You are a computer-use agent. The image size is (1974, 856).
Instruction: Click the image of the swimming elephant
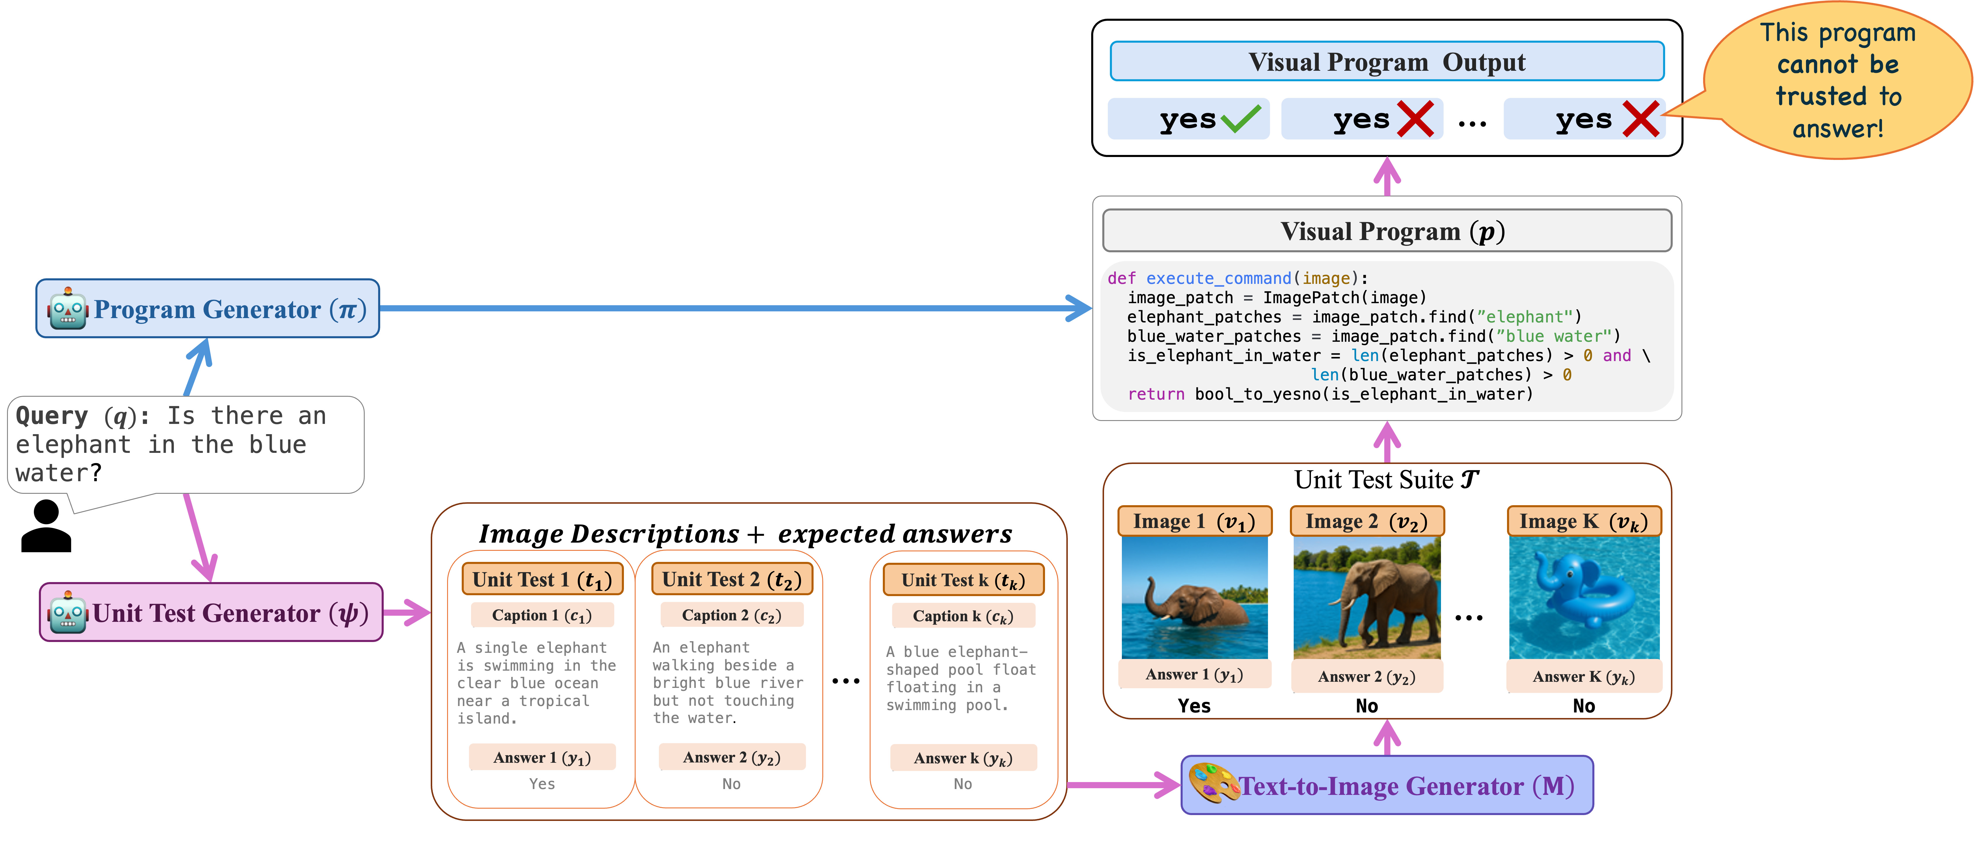pyautogui.click(x=1195, y=598)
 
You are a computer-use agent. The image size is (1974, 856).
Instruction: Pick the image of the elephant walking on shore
pyautogui.click(x=1367, y=598)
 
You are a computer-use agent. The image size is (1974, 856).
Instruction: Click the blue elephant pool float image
pyautogui.click(x=1584, y=598)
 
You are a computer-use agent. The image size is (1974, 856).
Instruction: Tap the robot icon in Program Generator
pyautogui.click(x=68, y=310)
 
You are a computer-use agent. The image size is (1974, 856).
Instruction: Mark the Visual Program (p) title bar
pyautogui.click(x=1387, y=231)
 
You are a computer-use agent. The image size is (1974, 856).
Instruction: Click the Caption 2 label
pyautogui.click(x=732, y=615)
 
